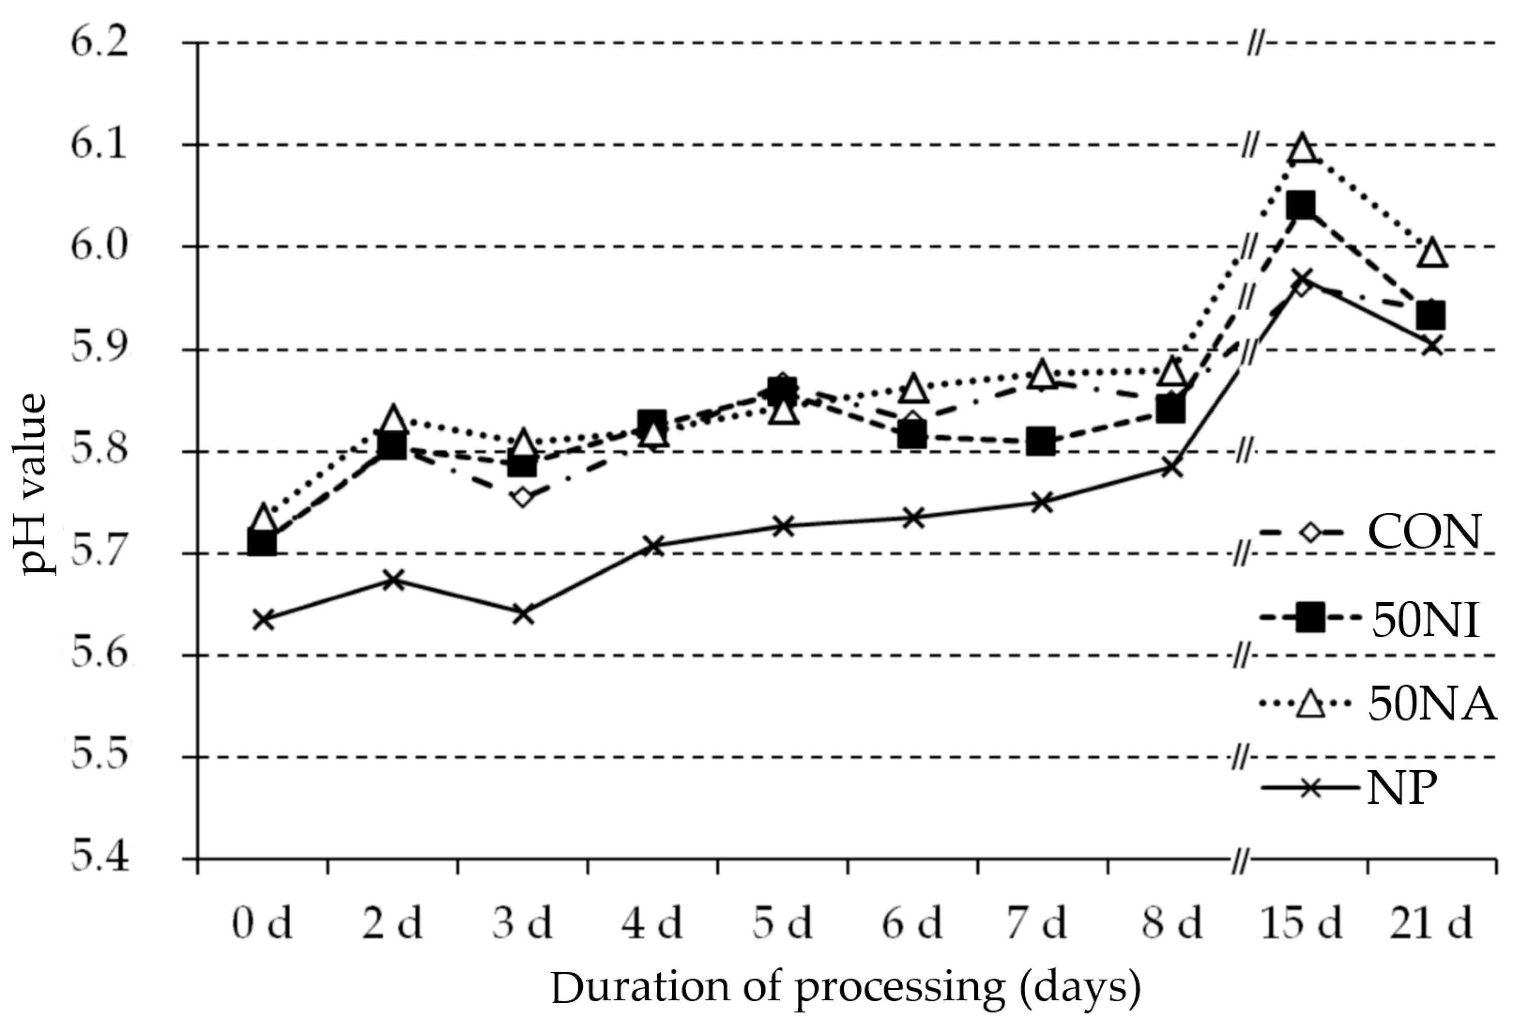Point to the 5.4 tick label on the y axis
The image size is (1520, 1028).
click(x=99, y=858)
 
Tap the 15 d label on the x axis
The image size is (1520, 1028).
click(x=1301, y=923)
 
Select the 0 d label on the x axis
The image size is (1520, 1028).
click(x=262, y=923)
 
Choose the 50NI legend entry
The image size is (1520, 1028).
click(x=1367, y=619)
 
